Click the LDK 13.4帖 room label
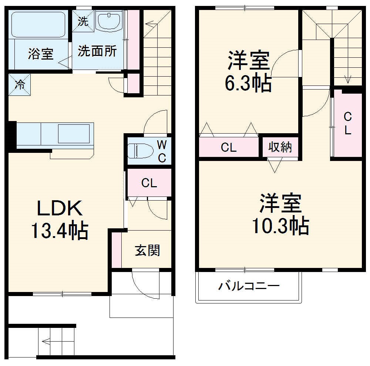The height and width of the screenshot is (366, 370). tap(59, 220)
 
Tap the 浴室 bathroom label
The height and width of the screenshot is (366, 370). tap(41, 54)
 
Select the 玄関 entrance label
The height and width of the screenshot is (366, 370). tap(147, 251)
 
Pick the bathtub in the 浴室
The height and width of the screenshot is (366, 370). tap(38, 24)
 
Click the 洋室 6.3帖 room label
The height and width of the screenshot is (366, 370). tap(248, 72)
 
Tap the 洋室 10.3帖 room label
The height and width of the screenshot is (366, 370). tap(280, 214)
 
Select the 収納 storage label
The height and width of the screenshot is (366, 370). tap(280, 147)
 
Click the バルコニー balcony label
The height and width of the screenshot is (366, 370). tap(248, 286)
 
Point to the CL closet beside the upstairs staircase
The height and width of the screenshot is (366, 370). tap(347, 124)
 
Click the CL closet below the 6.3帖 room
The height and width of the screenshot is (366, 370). tap(229, 147)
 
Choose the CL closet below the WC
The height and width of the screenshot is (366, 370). tap(149, 183)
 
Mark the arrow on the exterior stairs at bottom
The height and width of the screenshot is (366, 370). tap(46, 341)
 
